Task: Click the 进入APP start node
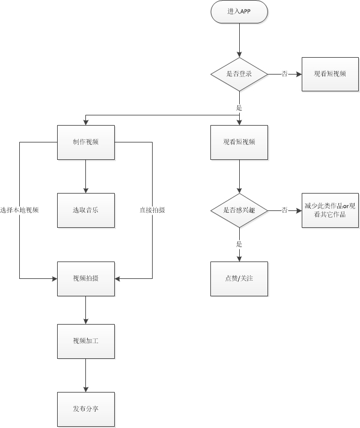(239, 12)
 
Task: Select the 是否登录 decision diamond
(239, 73)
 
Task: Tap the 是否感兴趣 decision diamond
(239, 210)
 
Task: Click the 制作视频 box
(85, 142)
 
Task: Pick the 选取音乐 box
(85, 210)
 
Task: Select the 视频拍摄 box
(85, 278)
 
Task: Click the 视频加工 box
(85, 341)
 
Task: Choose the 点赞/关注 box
(239, 278)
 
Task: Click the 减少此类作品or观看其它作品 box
(330, 210)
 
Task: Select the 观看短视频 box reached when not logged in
(330, 73)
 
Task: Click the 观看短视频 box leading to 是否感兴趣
(239, 142)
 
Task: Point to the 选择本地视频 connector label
(20, 210)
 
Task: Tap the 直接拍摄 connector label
(152, 210)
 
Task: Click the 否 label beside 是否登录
(284, 73)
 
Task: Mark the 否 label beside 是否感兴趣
(284, 210)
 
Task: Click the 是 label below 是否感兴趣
(239, 244)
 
